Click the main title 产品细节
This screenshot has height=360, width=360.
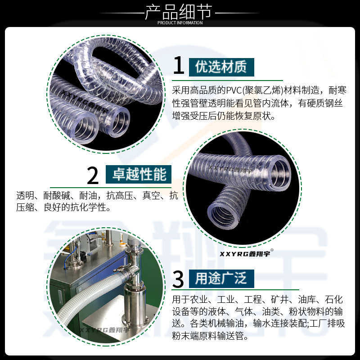tap(179, 12)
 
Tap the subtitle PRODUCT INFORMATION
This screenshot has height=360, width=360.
tap(180, 23)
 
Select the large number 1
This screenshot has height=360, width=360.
tap(179, 65)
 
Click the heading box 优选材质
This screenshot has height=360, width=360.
tap(221, 67)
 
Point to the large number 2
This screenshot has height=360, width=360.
tap(93, 175)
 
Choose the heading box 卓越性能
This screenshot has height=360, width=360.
tap(139, 174)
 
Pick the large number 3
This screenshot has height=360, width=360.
tap(178, 279)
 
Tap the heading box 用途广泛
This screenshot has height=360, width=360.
tap(221, 279)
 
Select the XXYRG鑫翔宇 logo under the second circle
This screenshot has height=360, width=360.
tap(245, 253)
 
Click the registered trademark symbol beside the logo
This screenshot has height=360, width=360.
tap(272, 250)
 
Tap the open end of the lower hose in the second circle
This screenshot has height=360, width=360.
tap(224, 216)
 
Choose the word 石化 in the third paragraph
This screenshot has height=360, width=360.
tap(333, 300)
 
